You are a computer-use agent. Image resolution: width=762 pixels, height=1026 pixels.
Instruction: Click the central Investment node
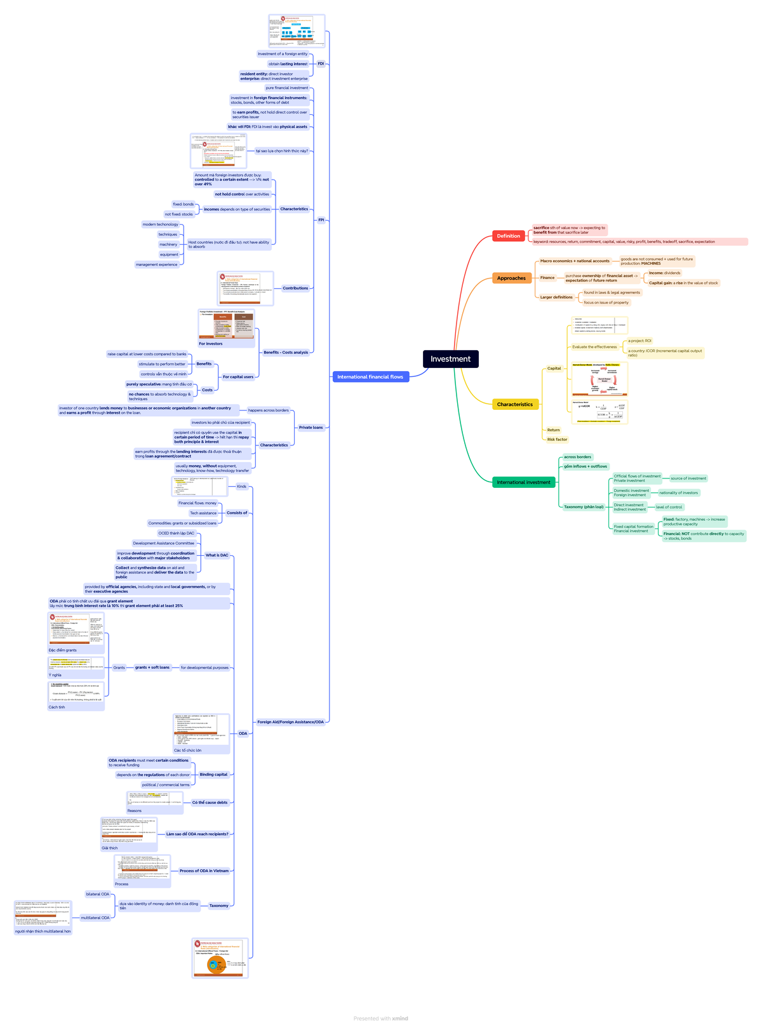[x=450, y=359]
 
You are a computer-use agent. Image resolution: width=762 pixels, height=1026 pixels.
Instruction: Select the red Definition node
[x=508, y=236]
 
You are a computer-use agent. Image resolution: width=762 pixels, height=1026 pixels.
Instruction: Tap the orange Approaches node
[x=511, y=278]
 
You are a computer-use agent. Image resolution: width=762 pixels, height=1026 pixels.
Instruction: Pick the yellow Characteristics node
[x=515, y=404]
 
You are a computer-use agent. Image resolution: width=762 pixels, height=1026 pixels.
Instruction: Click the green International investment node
[x=523, y=482]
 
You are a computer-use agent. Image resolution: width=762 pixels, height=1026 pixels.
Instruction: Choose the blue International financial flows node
[x=370, y=377]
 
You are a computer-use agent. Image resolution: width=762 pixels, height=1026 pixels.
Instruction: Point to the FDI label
[x=321, y=64]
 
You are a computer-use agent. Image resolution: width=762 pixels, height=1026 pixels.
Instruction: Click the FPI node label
[x=321, y=220]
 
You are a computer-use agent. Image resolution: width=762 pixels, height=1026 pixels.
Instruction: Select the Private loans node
[x=311, y=428]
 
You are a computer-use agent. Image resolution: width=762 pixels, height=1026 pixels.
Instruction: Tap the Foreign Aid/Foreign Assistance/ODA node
[x=290, y=722]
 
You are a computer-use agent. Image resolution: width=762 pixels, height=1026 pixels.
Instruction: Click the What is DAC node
[x=217, y=555]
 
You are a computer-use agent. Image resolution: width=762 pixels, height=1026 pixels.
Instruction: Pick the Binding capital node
[x=213, y=775]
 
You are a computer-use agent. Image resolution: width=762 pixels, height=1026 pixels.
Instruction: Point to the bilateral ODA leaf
[x=98, y=894]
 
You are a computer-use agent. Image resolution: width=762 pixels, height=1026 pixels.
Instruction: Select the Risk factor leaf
[x=557, y=440]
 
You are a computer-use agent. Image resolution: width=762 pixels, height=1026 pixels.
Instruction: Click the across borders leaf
[x=577, y=457]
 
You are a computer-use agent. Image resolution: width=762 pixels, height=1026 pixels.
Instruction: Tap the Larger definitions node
[x=556, y=297]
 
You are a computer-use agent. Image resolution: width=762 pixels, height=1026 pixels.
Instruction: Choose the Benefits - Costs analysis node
[x=285, y=352]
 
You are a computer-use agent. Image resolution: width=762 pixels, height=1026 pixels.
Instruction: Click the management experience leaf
[x=156, y=265]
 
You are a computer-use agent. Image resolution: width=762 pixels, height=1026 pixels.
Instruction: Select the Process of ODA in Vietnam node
[x=204, y=871]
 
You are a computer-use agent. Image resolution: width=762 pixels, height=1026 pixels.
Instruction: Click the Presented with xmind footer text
[x=380, y=1018]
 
